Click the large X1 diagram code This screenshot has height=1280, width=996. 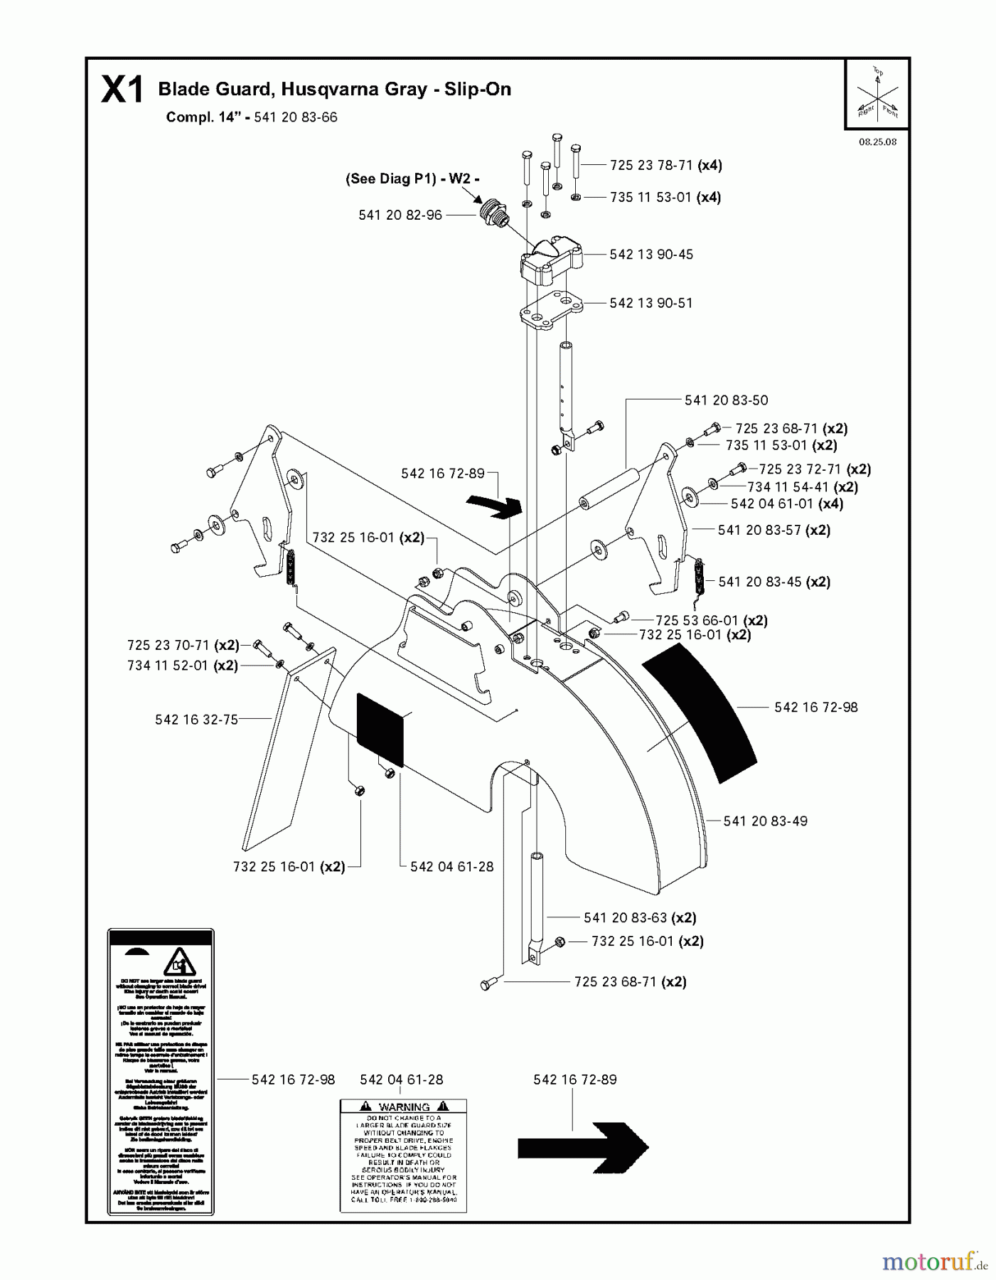click(122, 90)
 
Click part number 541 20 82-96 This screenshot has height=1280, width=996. click(400, 215)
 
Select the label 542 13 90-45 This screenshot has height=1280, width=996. click(650, 254)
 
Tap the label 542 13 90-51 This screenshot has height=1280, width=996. click(650, 303)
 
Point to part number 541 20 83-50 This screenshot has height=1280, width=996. click(726, 400)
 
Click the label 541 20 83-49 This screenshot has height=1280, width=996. click(765, 821)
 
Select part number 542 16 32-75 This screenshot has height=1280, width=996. click(196, 720)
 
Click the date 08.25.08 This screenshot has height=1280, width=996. click(877, 142)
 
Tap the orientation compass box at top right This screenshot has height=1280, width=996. click(877, 94)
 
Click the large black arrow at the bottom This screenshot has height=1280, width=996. click(582, 1147)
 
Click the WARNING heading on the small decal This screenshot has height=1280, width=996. click(403, 1107)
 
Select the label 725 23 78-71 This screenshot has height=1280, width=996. click(650, 165)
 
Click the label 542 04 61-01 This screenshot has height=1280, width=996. click(771, 503)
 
